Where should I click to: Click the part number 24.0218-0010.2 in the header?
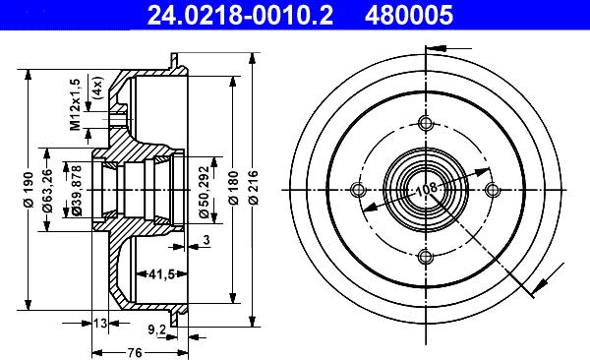pyautogui.click(x=240, y=16)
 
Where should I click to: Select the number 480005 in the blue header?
pyautogui.click(x=409, y=16)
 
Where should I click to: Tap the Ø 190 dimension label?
pyautogui.click(x=29, y=190)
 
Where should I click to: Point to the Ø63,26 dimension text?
pyautogui.click(x=48, y=191)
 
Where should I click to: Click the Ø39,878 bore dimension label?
pyautogui.click(x=77, y=191)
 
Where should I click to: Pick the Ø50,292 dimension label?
pyautogui.click(x=205, y=192)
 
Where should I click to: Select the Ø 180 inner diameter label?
pyautogui.click(x=234, y=188)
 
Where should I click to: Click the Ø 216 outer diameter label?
pyautogui.click(x=254, y=188)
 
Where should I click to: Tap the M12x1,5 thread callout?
pyautogui.click(x=76, y=104)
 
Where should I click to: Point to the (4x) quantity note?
pyautogui.click(x=97, y=88)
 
